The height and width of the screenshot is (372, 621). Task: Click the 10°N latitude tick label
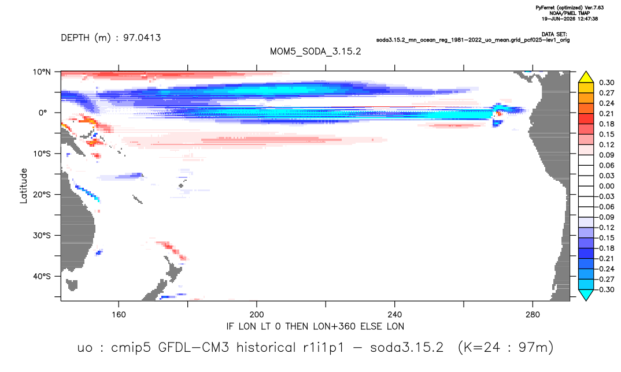click(41, 72)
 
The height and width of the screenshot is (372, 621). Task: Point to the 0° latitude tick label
click(43, 113)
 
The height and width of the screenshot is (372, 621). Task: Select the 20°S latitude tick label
click(41, 195)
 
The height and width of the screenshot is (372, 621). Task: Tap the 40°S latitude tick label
click(41, 276)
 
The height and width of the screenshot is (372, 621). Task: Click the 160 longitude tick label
click(119, 315)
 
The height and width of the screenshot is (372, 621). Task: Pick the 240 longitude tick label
click(395, 315)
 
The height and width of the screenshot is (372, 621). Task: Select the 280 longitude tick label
click(533, 315)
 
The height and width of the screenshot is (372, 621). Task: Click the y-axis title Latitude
click(24, 186)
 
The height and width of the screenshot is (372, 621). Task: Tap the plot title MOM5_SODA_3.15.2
click(316, 52)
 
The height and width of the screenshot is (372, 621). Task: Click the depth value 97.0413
click(142, 38)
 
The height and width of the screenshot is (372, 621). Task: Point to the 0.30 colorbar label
click(607, 83)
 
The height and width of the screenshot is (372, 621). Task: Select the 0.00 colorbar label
click(607, 186)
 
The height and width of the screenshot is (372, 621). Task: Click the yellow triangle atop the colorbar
click(586, 77)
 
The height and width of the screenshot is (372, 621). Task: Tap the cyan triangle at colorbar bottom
click(586, 295)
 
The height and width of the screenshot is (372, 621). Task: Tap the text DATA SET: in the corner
click(554, 35)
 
